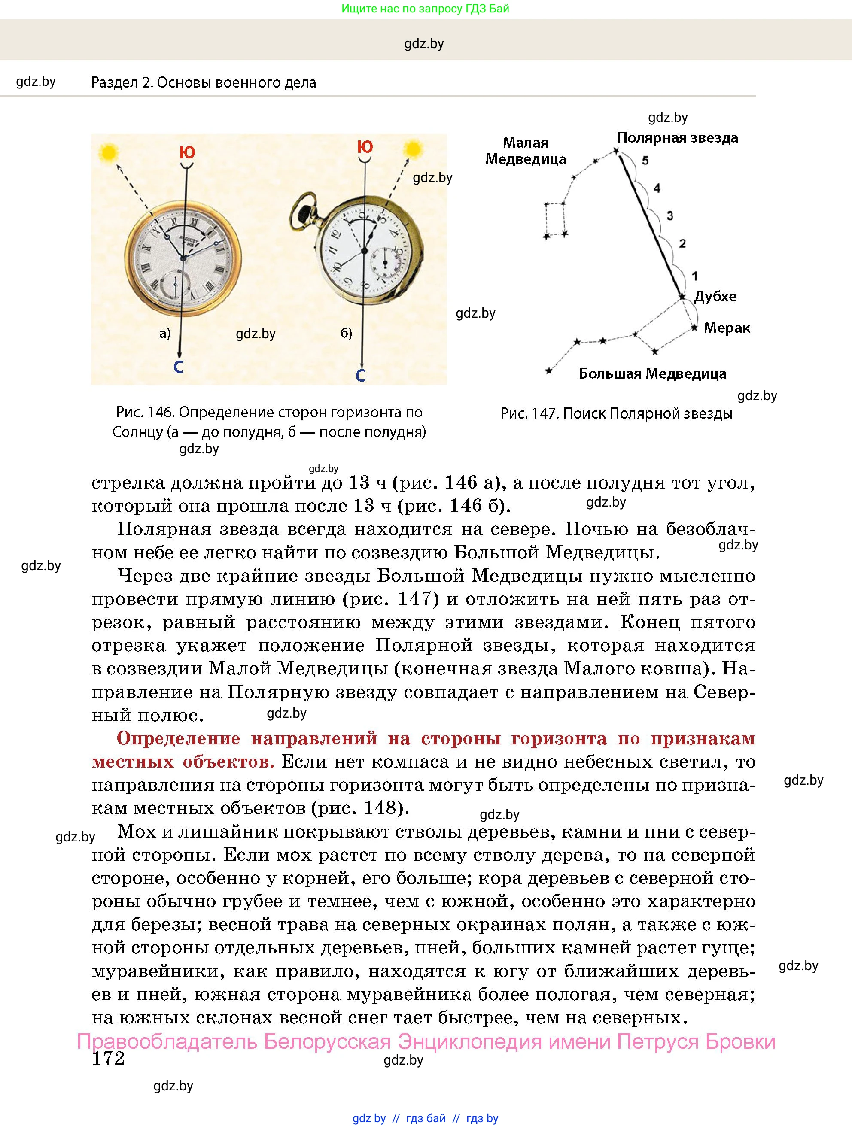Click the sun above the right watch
[x=412, y=149]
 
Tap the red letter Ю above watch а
[x=187, y=152]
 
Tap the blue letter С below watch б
[x=360, y=376]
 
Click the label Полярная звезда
[x=677, y=138]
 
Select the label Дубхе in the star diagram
[x=715, y=297]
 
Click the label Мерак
[x=727, y=328]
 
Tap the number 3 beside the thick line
[x=670, y=216]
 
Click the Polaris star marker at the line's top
[x=616, y=151]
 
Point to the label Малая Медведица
[x=525, y=151]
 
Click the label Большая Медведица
[x=652, y=373]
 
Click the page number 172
[x=108, y=1059]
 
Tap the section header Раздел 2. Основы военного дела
[x=203, y=83]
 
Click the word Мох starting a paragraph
[x=134, y=832]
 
